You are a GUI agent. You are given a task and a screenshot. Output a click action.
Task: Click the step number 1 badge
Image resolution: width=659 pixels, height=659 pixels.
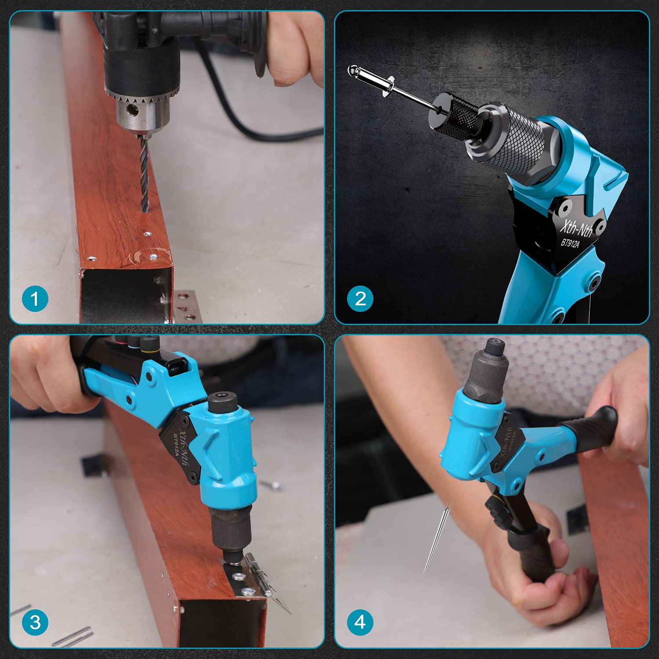click(35, 299)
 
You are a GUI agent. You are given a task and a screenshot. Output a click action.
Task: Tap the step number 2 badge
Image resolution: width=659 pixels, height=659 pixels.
click(360, 299)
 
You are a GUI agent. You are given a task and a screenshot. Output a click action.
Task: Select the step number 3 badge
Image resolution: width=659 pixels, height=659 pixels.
click(35, 622)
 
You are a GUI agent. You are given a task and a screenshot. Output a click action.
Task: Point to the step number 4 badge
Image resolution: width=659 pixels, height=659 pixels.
click(360, 622)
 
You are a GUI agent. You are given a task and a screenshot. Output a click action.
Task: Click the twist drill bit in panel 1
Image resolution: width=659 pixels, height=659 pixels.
click(144, 176)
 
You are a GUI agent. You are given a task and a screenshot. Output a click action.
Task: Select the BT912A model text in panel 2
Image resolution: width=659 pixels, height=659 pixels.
click(570, 243)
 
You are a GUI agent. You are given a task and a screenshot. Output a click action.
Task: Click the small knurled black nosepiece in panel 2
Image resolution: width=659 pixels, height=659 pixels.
click(457, 115)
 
